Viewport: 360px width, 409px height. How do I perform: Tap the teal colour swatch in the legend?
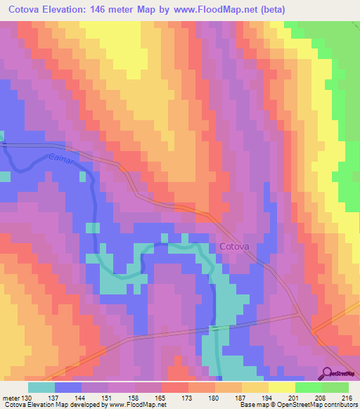[41, 387]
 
